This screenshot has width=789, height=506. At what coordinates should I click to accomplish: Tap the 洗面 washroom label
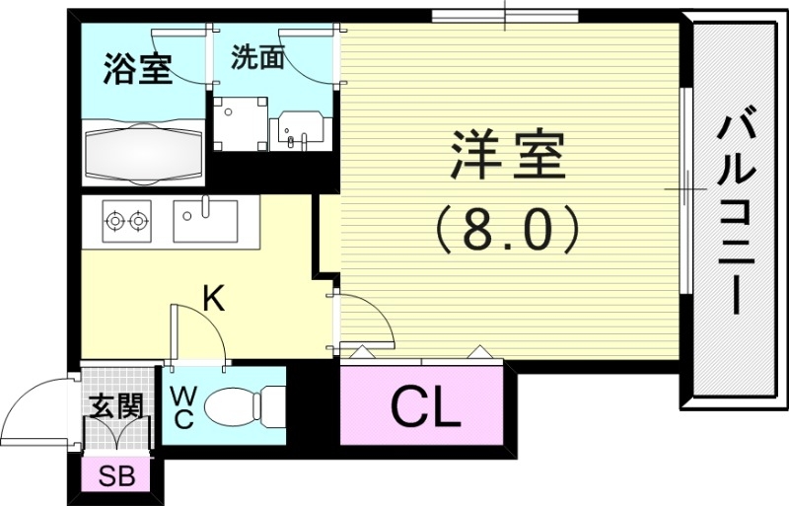258,58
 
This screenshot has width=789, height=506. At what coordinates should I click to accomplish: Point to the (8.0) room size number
507,230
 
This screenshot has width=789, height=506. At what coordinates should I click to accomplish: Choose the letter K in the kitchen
213,298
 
